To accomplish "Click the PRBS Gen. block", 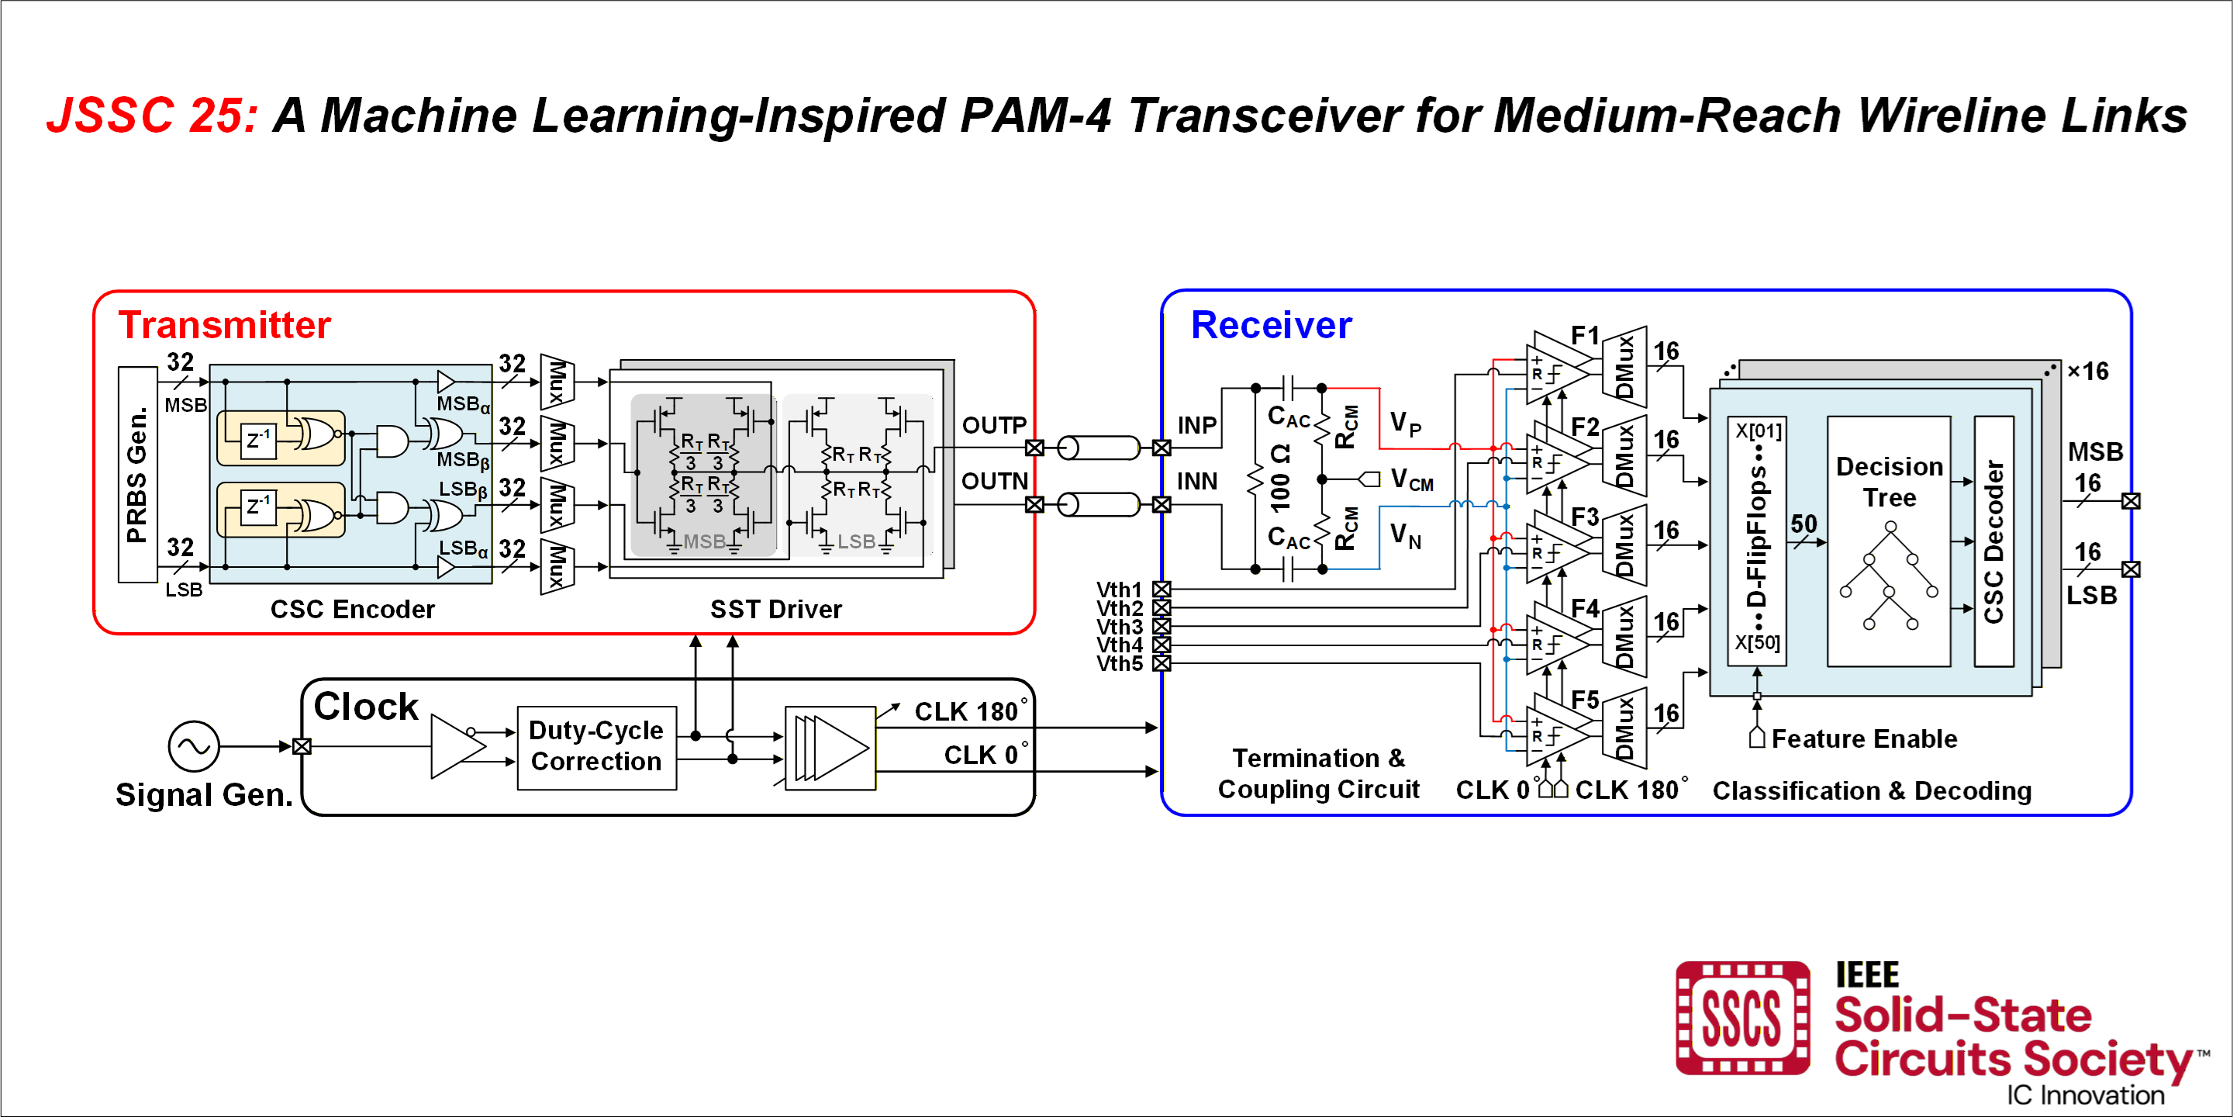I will pyautogui.click(x=138, y=475).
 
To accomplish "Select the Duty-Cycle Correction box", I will pyautogui.click(x=596, y=747).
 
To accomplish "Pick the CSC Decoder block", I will pyautogui.click(x=1993, y=541).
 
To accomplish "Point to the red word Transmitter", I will pyautogui.click(x=225, y=325).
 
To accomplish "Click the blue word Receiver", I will pyautogui.click(x=1271, y=325).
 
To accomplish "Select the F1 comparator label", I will pyautogui.click(x=1585, y=335).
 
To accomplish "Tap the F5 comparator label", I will pyautogui.click(x=1585, y=699).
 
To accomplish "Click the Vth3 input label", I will pyautogui.click(x=1119, y=626).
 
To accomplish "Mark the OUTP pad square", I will pyautogui.click(x=1034, y=448).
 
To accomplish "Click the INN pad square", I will pyautogui.click(x=1161, y=505).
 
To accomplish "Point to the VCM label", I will pyautogui.click(x=1411, y=479).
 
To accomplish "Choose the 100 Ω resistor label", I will pyautogui.click(x=1280, y=478).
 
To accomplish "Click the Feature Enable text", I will pyautogui.click(x=1864, y=739).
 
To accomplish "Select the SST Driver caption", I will pyautogui.click(x=776, y=610).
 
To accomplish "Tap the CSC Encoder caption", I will pyautogui.click(x=352, y=610).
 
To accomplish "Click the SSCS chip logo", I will pyautogui.click(x=1742, y=1017).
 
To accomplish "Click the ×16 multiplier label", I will pyautogui.click(x=2087, y=372).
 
